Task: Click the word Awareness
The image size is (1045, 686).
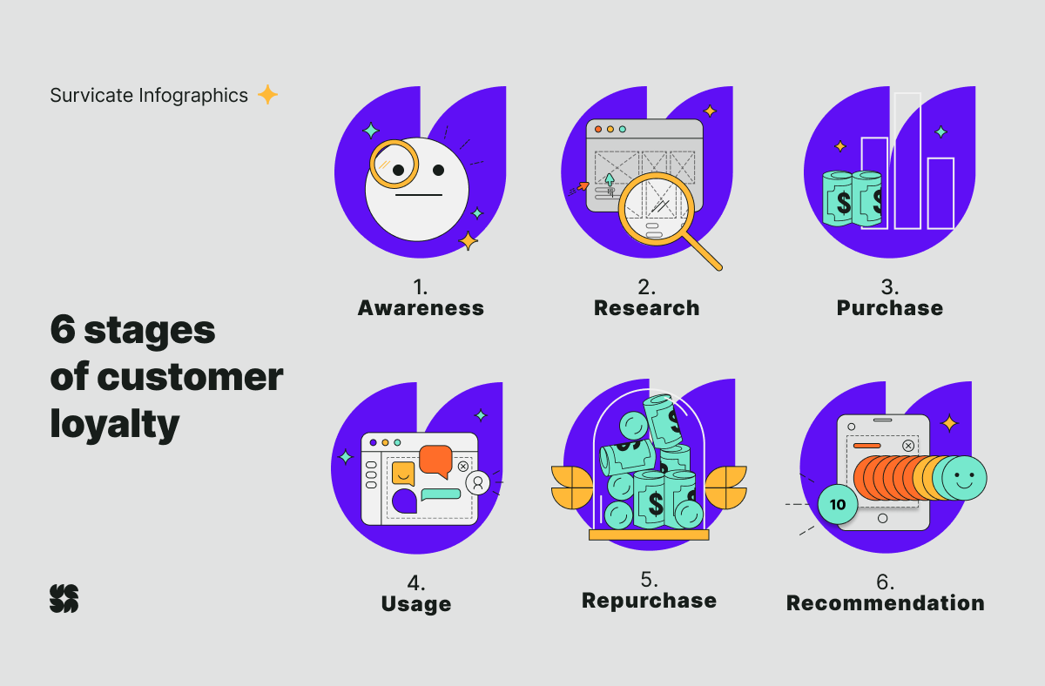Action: coord(421,308)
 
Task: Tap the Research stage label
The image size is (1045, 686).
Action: coord(646,308)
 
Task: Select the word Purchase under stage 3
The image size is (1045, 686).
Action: coord(890,308)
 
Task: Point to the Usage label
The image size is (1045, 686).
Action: coord(416,604)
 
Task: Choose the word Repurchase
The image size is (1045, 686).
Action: coord(649,601)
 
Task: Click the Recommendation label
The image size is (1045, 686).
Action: coord(886,603)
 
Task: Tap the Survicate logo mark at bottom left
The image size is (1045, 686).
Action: coord(64,598)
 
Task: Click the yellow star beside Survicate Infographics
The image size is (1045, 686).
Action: coord(268,95)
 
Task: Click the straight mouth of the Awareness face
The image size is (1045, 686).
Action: coord(419,195)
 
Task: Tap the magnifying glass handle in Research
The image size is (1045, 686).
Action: coord(702,251)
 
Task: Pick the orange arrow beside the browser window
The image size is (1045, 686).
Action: coord(583,186)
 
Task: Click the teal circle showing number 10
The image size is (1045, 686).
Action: coord(838,504)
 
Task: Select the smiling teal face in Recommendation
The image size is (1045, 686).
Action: coord(964,478)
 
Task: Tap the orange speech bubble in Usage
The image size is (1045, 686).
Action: coord(435,461)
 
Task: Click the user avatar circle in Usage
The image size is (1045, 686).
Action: coord(478,482)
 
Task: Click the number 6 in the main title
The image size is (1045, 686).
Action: coord(63,329)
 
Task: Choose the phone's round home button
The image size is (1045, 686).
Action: coord(883,518)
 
